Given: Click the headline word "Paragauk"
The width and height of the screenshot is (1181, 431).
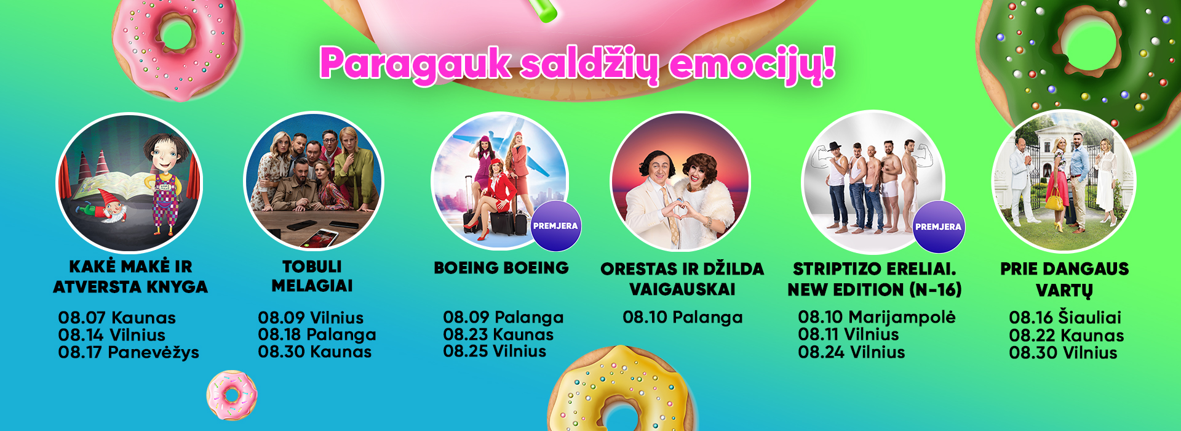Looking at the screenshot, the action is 415,64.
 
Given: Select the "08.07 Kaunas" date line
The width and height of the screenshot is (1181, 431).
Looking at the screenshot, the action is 117,318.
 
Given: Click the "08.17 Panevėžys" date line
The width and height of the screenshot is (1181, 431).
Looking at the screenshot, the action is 129,352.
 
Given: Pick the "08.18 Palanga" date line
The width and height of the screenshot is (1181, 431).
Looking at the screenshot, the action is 317,335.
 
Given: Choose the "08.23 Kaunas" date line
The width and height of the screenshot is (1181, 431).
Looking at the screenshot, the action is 498,334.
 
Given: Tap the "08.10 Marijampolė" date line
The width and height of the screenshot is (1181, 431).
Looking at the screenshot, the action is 877,318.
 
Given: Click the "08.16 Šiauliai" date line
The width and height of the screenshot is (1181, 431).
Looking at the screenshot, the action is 1065,318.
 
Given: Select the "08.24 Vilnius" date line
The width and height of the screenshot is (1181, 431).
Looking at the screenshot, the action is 851,352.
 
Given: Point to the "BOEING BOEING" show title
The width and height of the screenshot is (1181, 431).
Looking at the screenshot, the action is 501,268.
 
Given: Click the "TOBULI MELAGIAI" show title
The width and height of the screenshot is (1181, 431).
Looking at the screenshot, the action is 312,276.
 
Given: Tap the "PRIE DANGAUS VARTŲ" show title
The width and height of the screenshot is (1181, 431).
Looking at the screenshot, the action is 1064,279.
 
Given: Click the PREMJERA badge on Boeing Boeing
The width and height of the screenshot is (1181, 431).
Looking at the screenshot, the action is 555,226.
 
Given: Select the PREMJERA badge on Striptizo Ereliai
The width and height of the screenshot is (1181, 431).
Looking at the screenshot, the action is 938,227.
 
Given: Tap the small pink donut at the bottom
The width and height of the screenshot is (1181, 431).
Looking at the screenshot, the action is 232,395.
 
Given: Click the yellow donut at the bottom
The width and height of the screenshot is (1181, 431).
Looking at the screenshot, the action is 621,389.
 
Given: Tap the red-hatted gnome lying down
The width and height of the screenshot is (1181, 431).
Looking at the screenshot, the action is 108,212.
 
